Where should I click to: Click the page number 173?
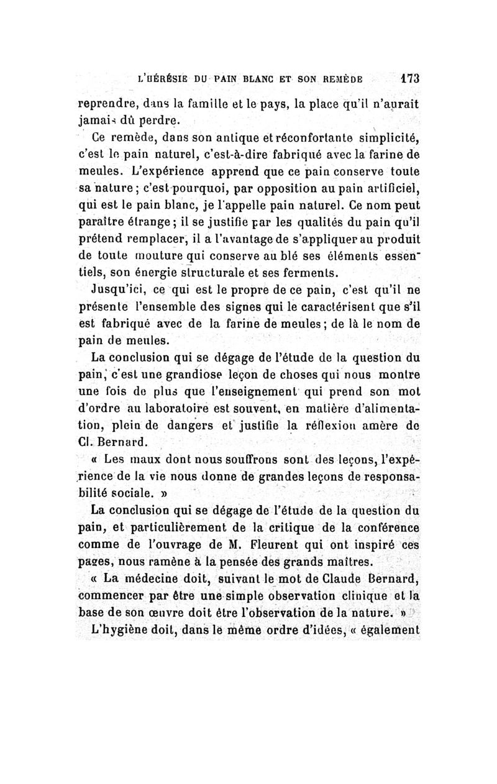pos(410,79)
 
